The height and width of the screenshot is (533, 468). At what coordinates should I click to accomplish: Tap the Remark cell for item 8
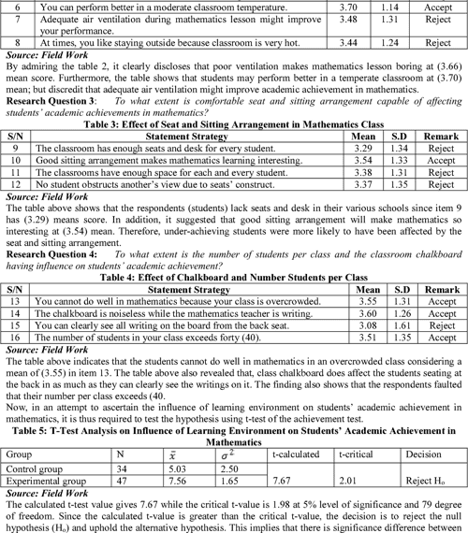tap(436, 43)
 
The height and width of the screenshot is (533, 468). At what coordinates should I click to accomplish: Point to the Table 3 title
tap(234, 123)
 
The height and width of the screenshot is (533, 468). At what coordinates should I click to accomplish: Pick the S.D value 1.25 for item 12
tap(388, 185)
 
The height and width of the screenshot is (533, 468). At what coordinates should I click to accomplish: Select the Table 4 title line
tap(234, 277)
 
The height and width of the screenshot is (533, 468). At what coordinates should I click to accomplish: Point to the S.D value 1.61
tap(388, 326)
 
